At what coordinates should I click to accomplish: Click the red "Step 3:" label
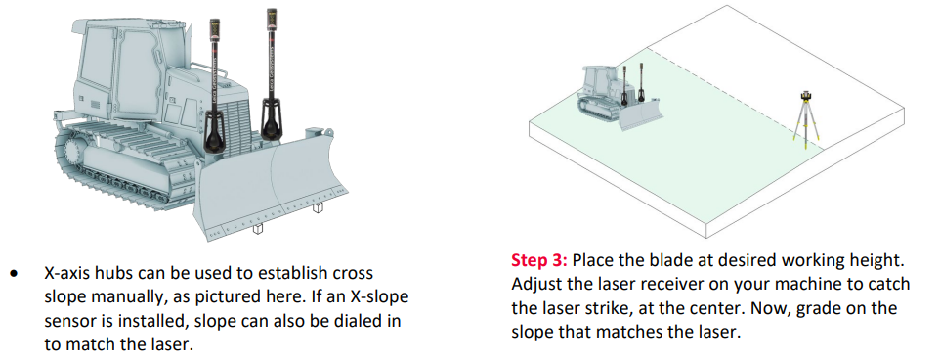(538, 260)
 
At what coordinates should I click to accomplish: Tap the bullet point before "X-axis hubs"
(14, 274)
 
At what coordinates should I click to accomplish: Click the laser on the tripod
(806, 98)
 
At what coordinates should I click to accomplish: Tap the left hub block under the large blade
(258, 228)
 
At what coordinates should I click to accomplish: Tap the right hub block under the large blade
(318, 207)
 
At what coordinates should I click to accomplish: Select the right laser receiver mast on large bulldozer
(271, 75)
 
